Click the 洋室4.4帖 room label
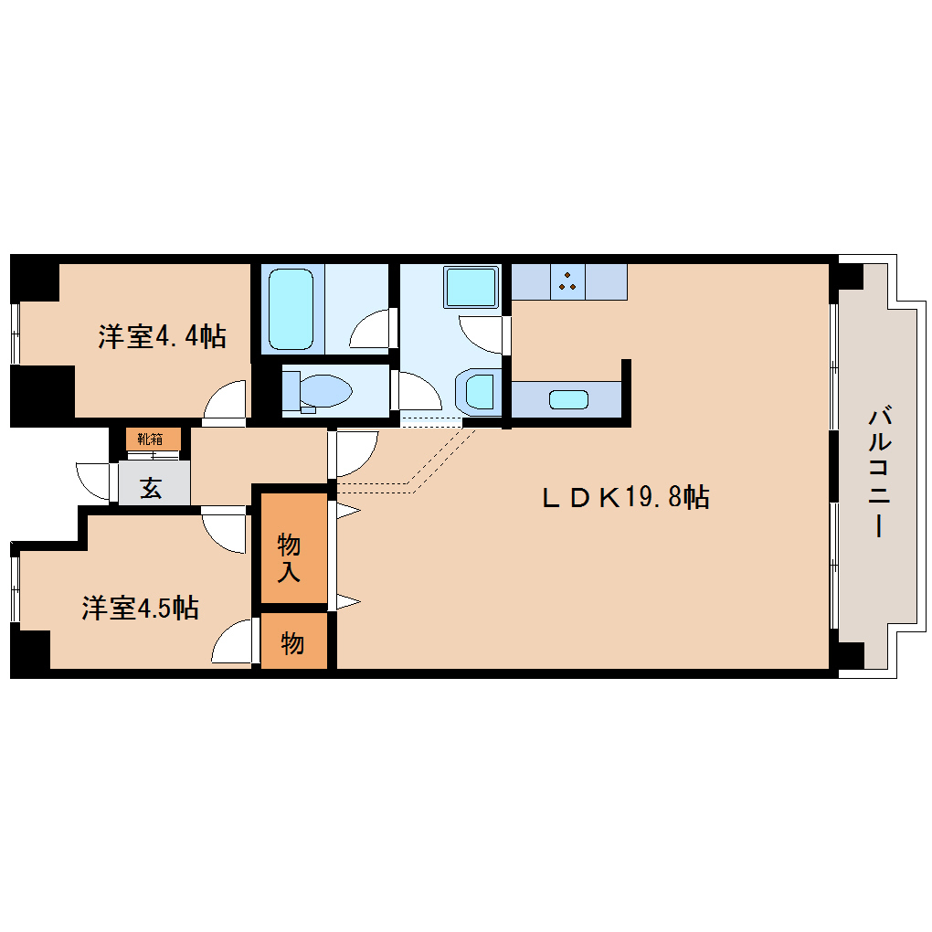pos(163,336)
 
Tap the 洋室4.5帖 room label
pos(141,608)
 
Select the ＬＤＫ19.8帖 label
pos(626,497)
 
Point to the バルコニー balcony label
pos(879,472)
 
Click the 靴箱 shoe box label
pos(151,440)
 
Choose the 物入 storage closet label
pos(289,557)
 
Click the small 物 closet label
pos(292,643)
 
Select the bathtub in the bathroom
pos(291,309)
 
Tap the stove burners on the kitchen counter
pos(567,281)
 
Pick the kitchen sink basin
pos(569,399)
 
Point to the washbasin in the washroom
pos(479,392)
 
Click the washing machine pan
pos(471,287)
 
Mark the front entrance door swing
pos(94,482)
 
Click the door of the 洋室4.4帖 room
pos(225,403)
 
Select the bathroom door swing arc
pos(373,328)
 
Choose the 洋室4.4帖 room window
pos(16,334)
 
